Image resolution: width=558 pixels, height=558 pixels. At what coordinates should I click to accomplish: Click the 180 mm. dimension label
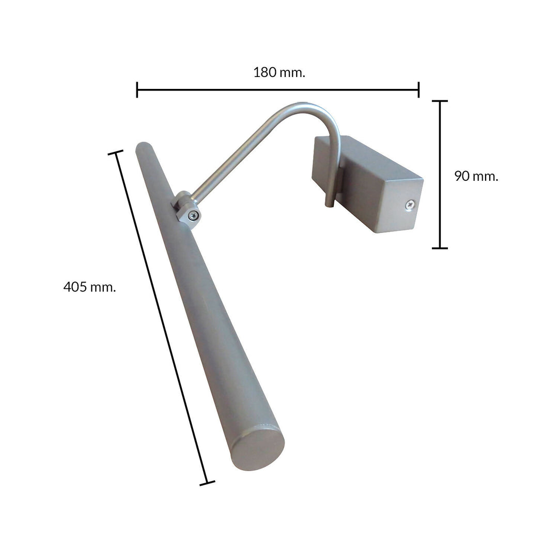(x=279, y=72)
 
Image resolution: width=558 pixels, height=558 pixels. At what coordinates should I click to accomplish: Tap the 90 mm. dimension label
(x=476, y=176)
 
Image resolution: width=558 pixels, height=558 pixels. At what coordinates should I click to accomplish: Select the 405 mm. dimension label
(x=89, y=287)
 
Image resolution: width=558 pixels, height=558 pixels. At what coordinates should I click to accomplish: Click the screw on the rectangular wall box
(x=410, y=205)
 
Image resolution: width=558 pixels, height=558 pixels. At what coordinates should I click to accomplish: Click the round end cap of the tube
(x=257, y=448)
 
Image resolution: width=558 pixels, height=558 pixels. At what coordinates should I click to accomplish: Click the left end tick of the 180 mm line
(x=137, y=89)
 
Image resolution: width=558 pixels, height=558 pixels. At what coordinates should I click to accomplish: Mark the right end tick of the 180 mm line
(x=419, y=89)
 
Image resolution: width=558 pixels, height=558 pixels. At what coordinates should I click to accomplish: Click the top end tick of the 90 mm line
(x=440, y=101)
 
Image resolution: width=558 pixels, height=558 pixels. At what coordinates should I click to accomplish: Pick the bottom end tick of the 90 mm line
(x=440, y=248)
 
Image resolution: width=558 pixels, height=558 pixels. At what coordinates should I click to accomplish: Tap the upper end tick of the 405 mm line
(x=115, y=152)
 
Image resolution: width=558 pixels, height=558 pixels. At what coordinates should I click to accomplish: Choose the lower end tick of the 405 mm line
(x=207, y=484)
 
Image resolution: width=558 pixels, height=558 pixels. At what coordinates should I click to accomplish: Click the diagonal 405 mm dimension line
(x=161, y=318)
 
